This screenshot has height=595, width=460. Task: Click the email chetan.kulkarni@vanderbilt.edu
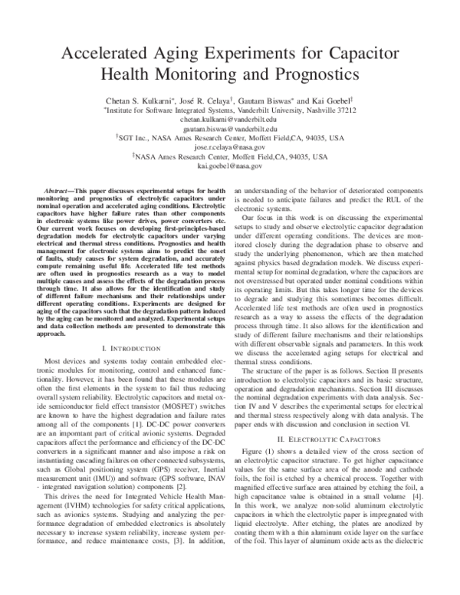[229, 120]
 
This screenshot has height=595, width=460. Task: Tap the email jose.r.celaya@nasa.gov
[229, 146]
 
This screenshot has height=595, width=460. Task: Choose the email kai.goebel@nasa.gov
[229, 165]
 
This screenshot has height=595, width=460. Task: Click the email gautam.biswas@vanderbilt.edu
[229, 130]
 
